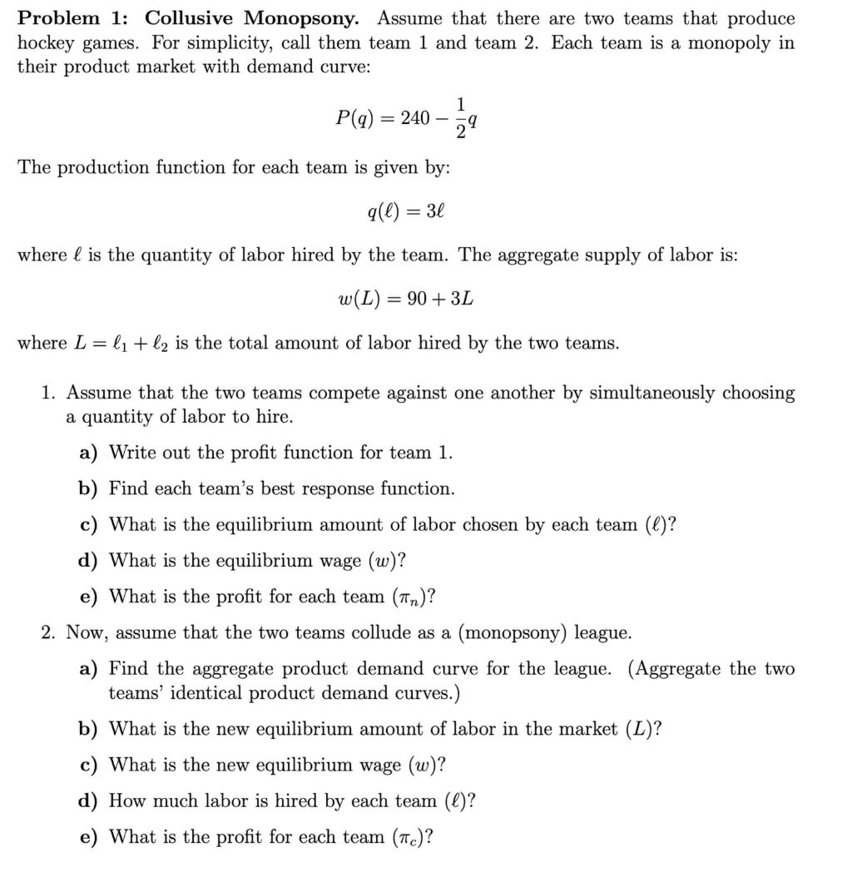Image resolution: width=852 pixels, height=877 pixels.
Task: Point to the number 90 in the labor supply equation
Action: (x=417, y=299)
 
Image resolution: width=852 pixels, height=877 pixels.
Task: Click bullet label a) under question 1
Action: (x=88, y=453)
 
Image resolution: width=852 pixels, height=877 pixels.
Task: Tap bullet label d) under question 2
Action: (x=88, y=801)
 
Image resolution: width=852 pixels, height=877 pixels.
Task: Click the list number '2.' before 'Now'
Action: (x=49, y=633)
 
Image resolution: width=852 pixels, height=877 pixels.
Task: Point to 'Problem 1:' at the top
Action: (x=74, y=18)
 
